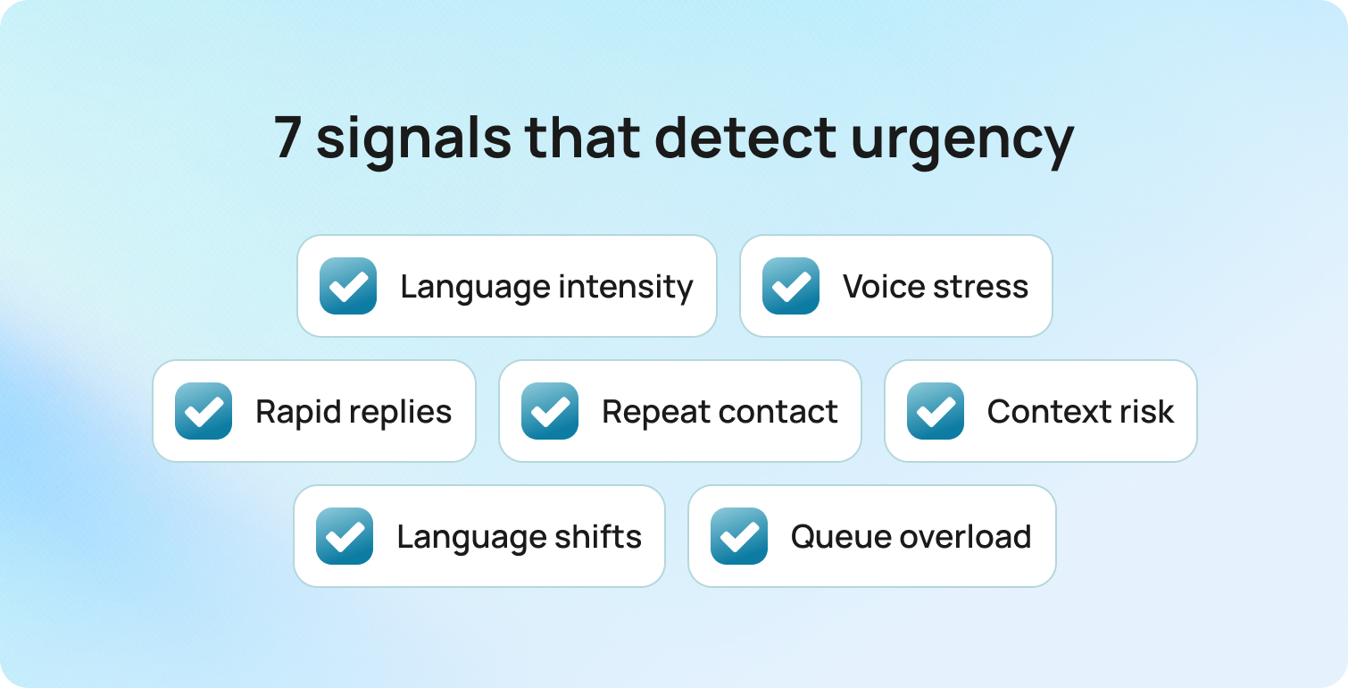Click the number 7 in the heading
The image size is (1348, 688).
click(288, 138)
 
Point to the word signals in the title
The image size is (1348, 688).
click(413, 141)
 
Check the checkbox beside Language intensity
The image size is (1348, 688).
click(348, 286)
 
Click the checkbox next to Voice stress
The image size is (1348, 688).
click(791, 286)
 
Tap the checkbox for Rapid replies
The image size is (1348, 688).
click(204, 411)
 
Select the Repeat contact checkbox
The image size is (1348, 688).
click(550, 411)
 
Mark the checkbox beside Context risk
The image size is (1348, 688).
click(936, 411)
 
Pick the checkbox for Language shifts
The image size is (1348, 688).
click(345, 536)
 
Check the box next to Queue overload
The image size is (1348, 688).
click(739, 536)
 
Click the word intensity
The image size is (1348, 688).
click(626, 288)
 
